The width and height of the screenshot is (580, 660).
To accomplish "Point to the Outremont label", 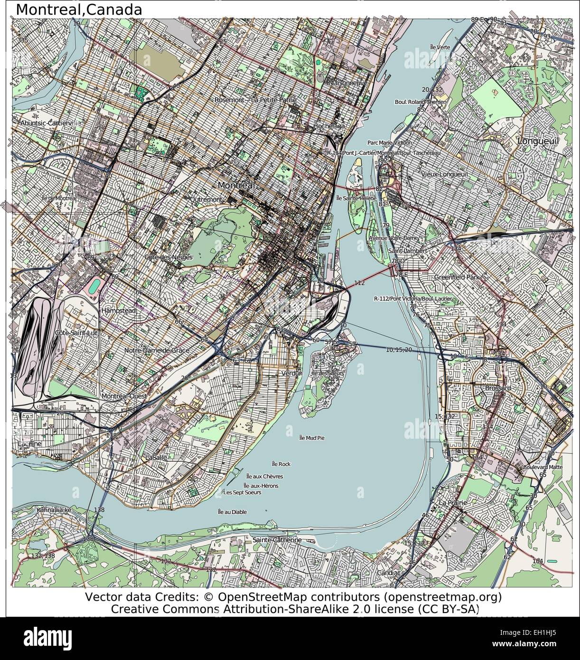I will tap(206, 200).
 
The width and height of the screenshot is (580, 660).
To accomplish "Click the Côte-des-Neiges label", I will tap(169, 257).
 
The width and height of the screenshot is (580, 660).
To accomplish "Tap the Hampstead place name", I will tap(119, 310).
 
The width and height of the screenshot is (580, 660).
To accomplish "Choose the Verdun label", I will tap(291, 373).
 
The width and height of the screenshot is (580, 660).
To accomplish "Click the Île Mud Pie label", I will tap(312, 437).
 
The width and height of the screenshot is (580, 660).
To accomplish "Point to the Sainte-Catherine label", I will tap(277, 540).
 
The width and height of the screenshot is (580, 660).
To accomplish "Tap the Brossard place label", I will tap(498, 388).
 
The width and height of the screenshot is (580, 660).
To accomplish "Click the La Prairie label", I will tap(453, 502).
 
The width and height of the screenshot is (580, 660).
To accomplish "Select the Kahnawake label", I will tap(54, 510).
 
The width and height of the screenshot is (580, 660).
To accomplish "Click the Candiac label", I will tap(389, 573).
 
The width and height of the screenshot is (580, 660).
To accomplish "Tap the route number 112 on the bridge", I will tap(359, 283).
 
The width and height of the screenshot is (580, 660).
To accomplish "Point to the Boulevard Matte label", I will tap(542, 467).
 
